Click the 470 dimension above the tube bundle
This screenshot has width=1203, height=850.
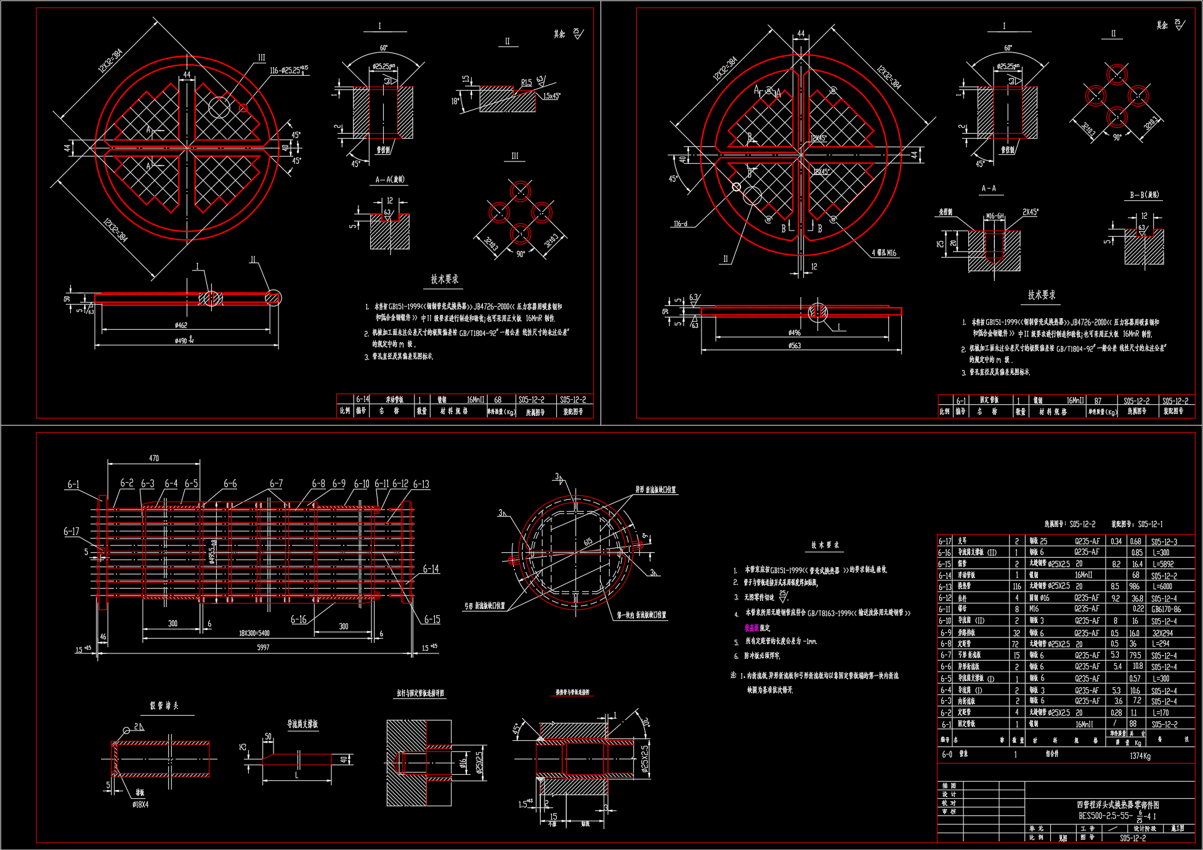point(154,458)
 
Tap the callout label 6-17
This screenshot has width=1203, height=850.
point(71,531)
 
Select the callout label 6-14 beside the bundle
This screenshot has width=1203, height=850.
point(431,569)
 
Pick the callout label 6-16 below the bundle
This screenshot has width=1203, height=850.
point(299,619)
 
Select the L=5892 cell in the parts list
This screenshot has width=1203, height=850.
point(1162,564)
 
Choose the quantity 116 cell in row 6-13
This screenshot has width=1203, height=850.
point(1016,587)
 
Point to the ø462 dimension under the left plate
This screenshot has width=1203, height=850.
point(181,325)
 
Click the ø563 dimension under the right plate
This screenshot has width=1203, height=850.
point(795,346)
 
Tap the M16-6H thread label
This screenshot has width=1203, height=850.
point(994,216)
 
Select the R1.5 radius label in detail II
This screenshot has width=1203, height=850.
point(526,82)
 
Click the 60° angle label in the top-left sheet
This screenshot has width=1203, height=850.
point(384,48)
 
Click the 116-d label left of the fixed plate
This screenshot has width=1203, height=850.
point(681,224)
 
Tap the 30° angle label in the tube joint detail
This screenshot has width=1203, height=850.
point(645,722)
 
